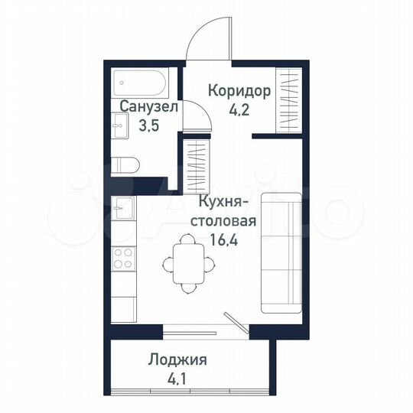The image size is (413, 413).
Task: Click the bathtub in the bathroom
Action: [x=141, y=81]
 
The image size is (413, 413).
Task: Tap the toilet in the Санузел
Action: [x=125, y=164]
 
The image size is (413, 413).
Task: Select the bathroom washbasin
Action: [x=120, y=126]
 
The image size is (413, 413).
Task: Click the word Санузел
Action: [x=148, y=107]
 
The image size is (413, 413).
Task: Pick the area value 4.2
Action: [x=239, y=109]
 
